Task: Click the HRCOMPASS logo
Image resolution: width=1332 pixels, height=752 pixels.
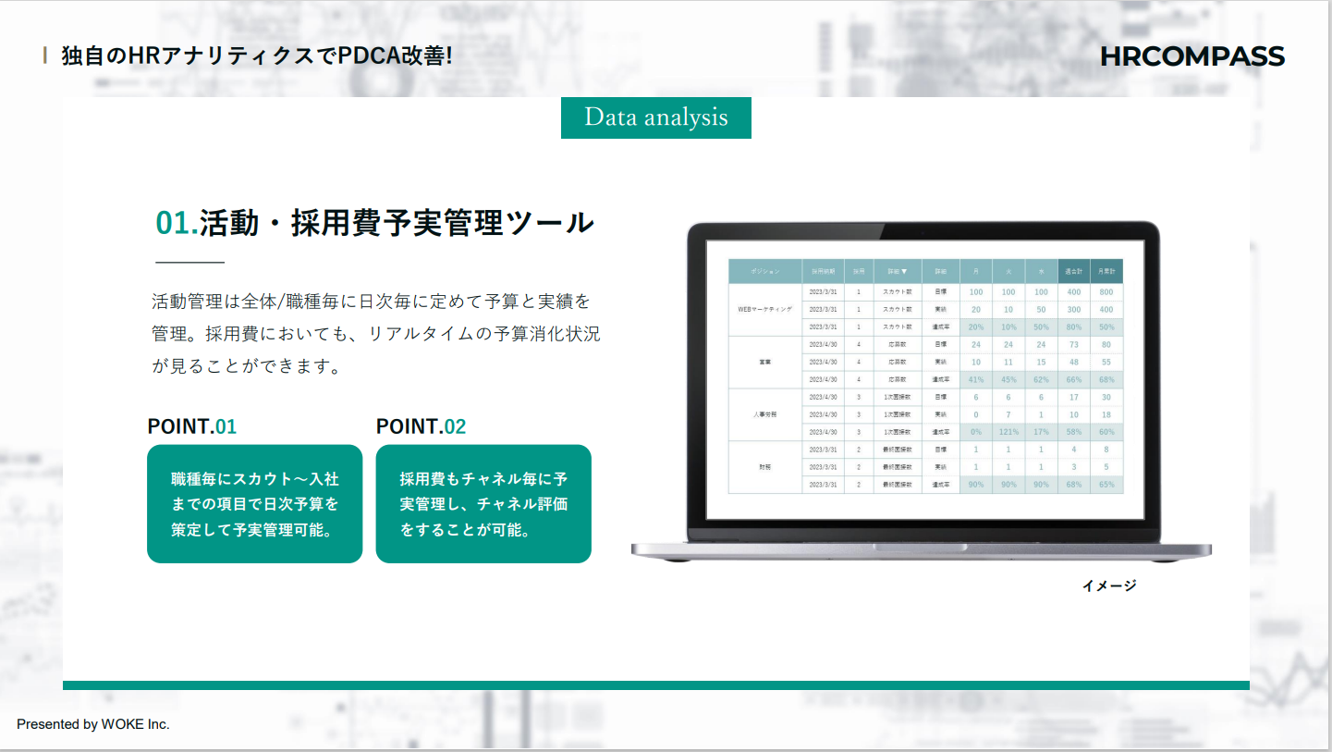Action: [x=1191, y=56]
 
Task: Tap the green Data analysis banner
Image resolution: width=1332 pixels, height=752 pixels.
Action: [x=655, y=117]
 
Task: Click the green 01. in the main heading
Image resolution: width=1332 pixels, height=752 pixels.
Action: [x=176, y=223]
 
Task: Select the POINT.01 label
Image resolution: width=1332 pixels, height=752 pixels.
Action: [x=192, y=426]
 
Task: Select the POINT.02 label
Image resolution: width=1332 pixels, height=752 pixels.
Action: [x=421, y=426]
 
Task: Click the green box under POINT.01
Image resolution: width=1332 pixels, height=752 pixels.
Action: [x=254, y=504]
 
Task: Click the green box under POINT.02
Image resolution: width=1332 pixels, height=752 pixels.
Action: [x=483, y=504]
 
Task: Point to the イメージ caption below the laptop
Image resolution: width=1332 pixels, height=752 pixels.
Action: [x=1108, y=586]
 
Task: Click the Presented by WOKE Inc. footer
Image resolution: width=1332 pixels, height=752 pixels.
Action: [x=93, y=724]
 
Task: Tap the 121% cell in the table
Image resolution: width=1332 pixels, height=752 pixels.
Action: [x=1008, y=432]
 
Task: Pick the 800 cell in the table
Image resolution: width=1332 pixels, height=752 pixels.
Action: [x=1106, y=292]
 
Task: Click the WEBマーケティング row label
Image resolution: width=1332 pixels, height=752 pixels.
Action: [x=764, y=309]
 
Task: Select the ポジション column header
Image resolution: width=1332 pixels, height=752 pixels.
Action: [x=764, y=272]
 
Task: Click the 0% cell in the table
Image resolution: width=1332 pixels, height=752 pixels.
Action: [x=975, y=432]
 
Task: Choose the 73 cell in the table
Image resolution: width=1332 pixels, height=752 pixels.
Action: [x=1073, y=345]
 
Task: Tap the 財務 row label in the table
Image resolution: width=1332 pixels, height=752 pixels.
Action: [x=764, y=467]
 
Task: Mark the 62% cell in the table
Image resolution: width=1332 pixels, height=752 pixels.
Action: [x=1041, y=379]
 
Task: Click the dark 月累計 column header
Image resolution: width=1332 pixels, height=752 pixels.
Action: [x=1106, y=272]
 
